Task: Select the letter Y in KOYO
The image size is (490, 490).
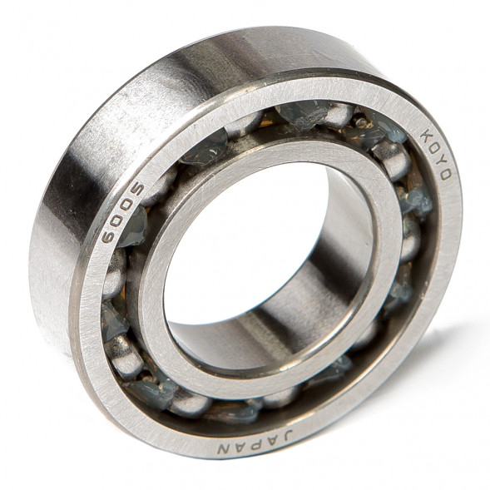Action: coord(442,161)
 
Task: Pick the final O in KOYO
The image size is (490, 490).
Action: coord(445,176)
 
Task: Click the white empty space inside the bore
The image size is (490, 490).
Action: coord(241,241)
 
